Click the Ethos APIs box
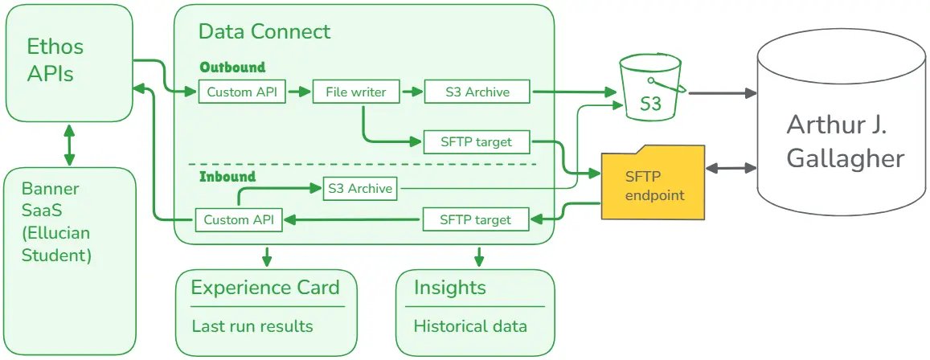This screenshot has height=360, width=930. tap(69, 61)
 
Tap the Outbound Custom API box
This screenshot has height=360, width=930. tap(242, 92)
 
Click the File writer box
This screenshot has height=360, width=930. tap(356, 92)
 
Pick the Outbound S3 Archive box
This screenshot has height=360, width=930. tap(477, 92)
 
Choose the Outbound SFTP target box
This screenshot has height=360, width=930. tap(477, 142)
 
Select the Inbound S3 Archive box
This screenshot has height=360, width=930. tap(360, 189)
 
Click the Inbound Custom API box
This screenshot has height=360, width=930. tap(239, 219)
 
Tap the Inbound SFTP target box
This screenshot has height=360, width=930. tap(477, 219)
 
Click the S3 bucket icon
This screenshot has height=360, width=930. tap(650, 88)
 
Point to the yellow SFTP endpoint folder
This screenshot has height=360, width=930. tap(653, 185)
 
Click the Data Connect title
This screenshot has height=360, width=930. tap(264, 32)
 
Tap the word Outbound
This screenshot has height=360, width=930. tap(232, 67)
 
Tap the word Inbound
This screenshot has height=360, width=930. tap(227, 176)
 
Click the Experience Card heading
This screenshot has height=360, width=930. tap(265, 288)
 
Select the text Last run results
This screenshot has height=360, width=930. tap(252, 326)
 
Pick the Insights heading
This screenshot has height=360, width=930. tap(450, 288)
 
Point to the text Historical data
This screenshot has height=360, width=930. tap(470, 326)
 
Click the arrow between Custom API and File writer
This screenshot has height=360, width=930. tap(299, 92)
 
